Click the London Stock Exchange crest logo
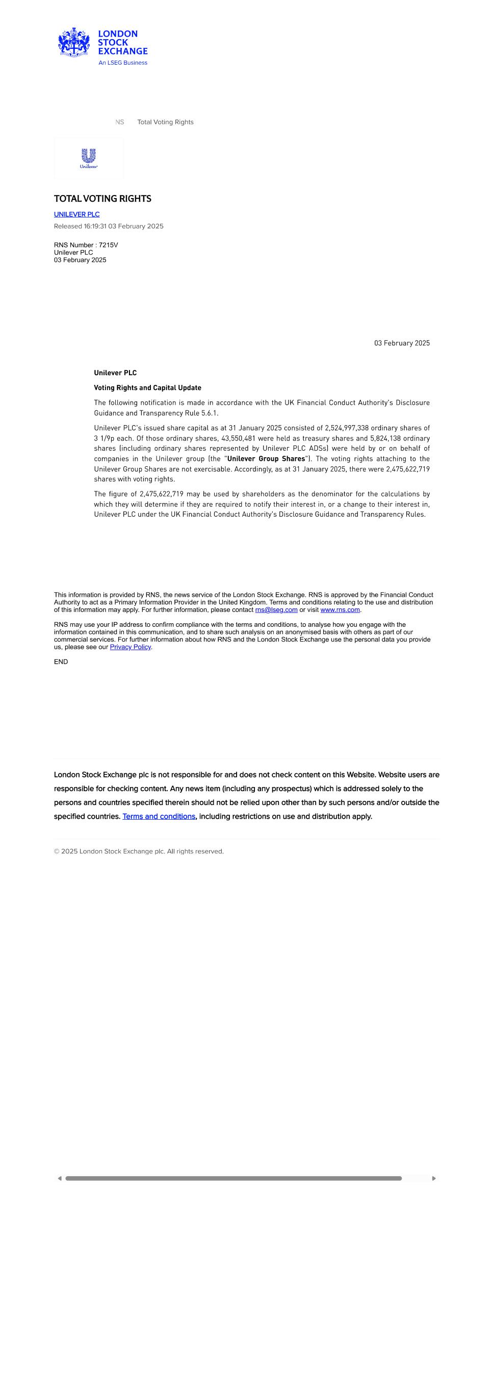point(74,42)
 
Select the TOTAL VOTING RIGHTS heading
point(102,199)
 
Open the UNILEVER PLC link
point(76,214)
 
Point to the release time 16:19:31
point(95,226)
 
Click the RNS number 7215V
point(108,245)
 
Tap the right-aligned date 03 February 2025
point(402,343)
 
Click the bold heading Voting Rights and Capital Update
point(147,387)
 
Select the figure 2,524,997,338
point(346,428)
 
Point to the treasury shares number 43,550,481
point(238,438)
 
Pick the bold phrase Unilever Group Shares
point(266,459)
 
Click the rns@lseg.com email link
point(276,610)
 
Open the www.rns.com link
point(340,610)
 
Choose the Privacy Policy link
point(130,647)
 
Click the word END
point(61,661)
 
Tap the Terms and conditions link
point(159,816)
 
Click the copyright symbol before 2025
point(57,851)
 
